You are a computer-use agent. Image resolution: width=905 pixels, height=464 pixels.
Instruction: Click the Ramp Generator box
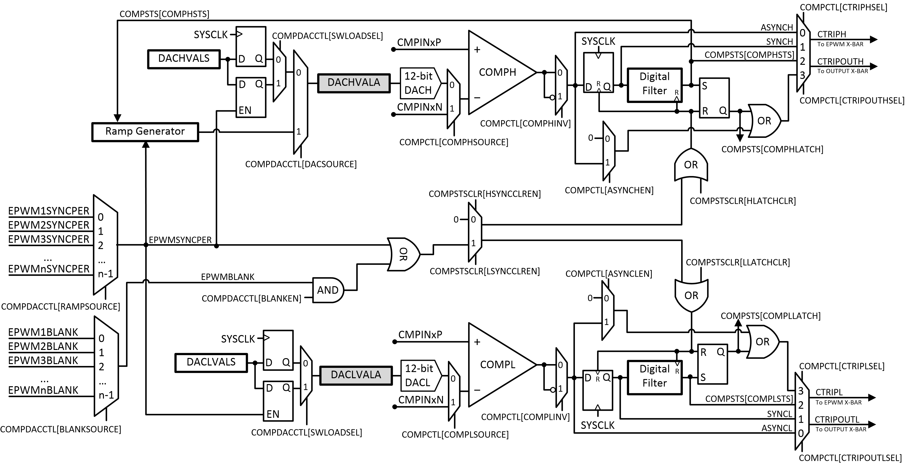[x=145, y=132]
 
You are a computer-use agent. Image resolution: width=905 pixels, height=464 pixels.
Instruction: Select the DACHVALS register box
[x=184, y=59]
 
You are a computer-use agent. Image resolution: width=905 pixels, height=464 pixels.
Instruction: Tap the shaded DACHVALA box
[x=354, y=83]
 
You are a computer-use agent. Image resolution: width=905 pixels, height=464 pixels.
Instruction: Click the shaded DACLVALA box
[x=356, y=375]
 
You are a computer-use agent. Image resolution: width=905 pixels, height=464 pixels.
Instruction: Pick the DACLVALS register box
[x=211, y=362]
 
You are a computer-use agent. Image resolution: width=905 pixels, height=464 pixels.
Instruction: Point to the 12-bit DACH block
[x=419, y=83]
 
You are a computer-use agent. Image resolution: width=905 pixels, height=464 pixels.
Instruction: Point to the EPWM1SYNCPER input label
[x=49, y=211]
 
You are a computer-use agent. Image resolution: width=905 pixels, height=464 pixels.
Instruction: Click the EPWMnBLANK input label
[x=43, y=390]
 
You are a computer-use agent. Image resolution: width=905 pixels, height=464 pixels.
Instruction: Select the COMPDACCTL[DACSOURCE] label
[x=301, y=164]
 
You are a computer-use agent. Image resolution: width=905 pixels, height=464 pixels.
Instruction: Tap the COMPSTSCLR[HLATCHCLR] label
[x=743, y=201]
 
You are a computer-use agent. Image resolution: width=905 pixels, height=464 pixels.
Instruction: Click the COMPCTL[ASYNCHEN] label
[x=609, y=190]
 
